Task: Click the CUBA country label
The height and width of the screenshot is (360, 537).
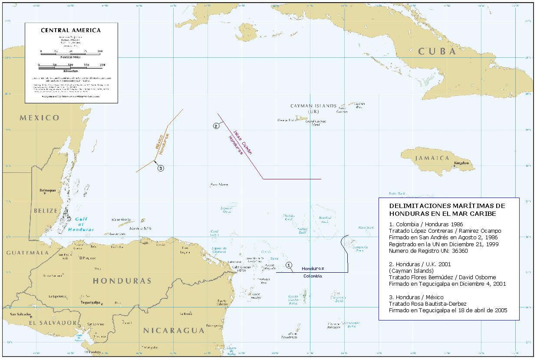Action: (x=437, y=51)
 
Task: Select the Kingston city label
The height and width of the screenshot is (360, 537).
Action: (x=461, y=163)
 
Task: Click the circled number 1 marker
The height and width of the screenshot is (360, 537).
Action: (x=290, y=264)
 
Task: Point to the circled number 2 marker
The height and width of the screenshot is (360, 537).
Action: (x=216, y=126)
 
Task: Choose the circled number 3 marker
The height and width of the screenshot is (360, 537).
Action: (x=161, y=168)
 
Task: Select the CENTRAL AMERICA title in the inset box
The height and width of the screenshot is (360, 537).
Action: (x=71, y=30)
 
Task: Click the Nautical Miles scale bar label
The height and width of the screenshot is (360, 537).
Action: (x=71, y=57)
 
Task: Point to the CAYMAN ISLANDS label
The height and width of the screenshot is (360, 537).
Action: (x=313, y=106)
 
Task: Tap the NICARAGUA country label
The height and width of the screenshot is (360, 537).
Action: (x=174, y=330)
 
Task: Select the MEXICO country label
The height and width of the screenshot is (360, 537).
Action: (x=40, y=118)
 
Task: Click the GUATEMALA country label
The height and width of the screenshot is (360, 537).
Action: (x=27, y=252)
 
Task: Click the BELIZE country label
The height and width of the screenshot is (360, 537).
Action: (x=46, y=211)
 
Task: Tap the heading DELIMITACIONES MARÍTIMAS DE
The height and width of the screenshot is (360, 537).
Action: (x=447, y=205)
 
